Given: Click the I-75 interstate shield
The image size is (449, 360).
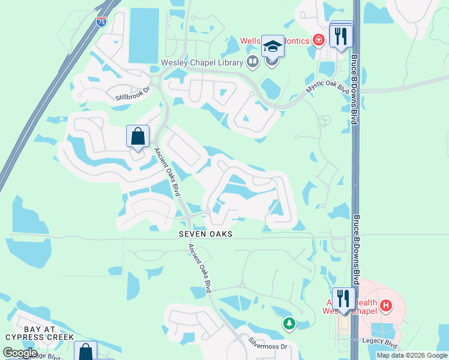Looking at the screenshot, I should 101,22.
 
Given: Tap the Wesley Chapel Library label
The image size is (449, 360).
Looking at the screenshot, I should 201,62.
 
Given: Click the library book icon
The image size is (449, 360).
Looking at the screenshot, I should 253,62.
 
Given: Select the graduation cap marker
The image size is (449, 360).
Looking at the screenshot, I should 273,46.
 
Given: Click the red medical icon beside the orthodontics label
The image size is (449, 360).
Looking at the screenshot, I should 318,40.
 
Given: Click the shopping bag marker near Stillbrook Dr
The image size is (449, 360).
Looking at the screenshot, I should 138,136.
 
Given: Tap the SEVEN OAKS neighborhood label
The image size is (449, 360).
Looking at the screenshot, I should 205,234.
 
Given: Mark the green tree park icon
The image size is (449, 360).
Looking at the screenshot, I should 289,323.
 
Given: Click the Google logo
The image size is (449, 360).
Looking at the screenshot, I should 19,353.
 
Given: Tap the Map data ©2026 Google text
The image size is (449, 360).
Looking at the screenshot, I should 412,355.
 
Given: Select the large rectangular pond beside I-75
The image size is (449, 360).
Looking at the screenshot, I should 143,36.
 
